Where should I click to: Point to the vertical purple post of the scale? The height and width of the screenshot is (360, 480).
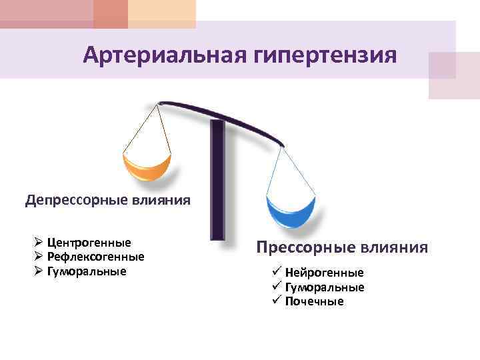(x=217, y=180)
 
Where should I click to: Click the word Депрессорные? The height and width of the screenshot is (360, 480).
(x=76, y=200)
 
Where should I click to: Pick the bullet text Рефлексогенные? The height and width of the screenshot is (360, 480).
(x=96, y=257)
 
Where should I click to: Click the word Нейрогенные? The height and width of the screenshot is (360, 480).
(x=324, y=273)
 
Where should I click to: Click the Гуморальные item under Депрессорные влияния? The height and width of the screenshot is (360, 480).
(x=87, y=271)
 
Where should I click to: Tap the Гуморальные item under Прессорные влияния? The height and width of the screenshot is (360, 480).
(x=325, y=287)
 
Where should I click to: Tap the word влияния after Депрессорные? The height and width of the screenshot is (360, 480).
(x=160, y=200)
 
